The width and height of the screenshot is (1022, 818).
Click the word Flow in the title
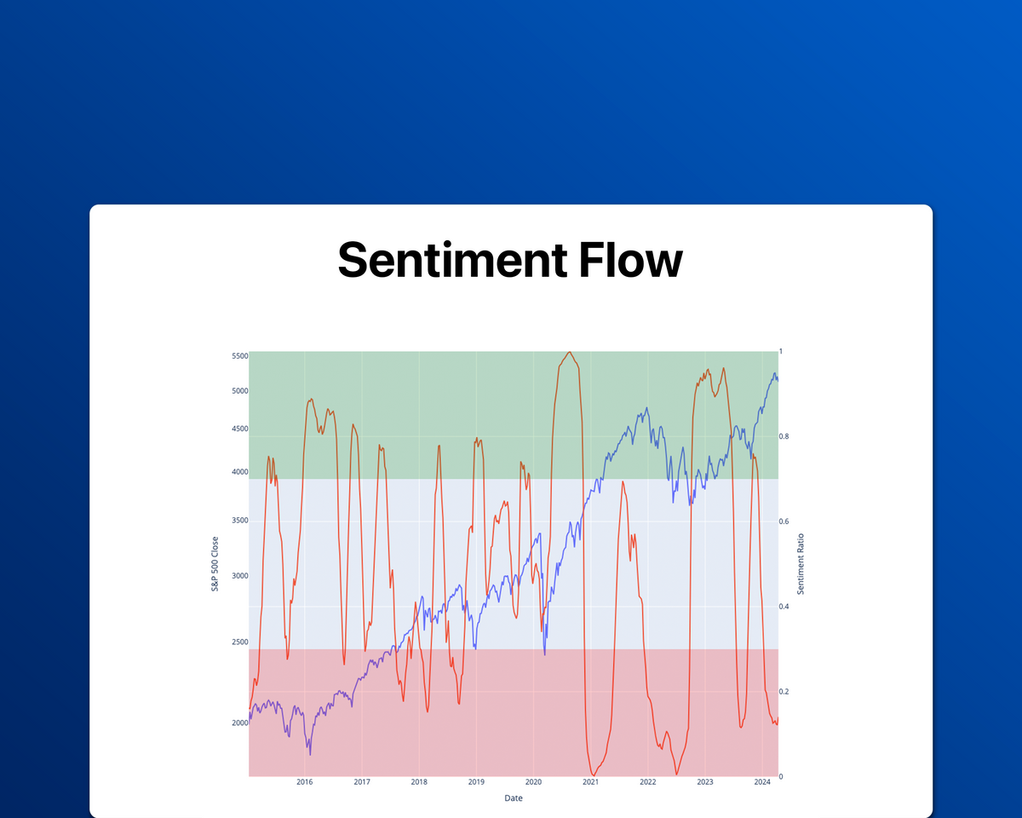(x=630, y=260)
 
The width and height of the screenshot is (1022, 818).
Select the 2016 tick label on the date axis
(x=305, y=782)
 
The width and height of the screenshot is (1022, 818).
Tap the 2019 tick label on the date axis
(x=476, y=782)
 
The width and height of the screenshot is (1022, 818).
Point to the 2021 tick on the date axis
(x=590, y=782)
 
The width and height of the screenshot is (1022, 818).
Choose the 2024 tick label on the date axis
(x=762, y=782)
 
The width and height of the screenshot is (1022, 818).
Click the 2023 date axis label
(x=705, y=782)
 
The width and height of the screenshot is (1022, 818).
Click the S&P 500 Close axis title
(x=215, y=564)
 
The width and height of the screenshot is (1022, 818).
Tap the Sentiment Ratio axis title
(x=801, y=564)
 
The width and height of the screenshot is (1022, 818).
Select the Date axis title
(x=513, y=798)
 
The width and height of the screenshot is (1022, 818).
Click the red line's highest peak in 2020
(x=569, y=352)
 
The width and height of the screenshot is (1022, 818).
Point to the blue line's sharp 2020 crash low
(x=544, y=654)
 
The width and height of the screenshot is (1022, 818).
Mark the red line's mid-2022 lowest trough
(x=677, y=775)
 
